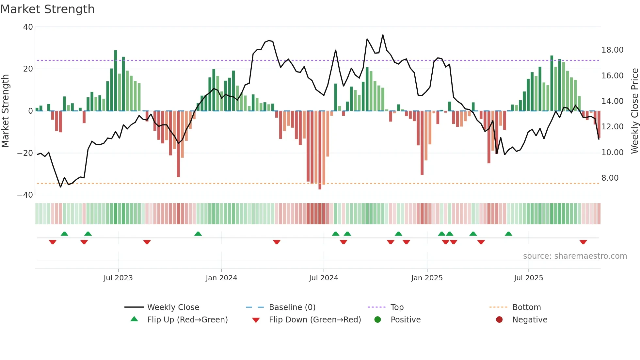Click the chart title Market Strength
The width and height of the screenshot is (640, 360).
point(47,9)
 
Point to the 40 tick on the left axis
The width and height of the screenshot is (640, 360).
point(28,27)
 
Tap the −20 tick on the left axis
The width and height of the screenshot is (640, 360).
point(25,153)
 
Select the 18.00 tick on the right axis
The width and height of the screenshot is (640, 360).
point(612,50)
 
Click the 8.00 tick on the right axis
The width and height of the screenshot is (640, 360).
point(610,178)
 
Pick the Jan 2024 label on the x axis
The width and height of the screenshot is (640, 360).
point(221,278)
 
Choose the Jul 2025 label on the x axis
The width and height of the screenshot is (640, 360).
point(528,278)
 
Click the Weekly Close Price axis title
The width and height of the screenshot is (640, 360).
point(634,111)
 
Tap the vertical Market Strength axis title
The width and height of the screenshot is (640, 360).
point(6,111)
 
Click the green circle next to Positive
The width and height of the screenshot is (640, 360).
point(378,320)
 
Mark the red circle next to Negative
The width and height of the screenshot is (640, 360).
point(499,320)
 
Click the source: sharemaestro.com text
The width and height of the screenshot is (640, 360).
point(575,256)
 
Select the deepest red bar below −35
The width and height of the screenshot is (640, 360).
point(320,150)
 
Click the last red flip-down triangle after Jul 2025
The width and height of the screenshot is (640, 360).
point(583,242)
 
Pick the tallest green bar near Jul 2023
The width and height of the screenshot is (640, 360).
point(116,80)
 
